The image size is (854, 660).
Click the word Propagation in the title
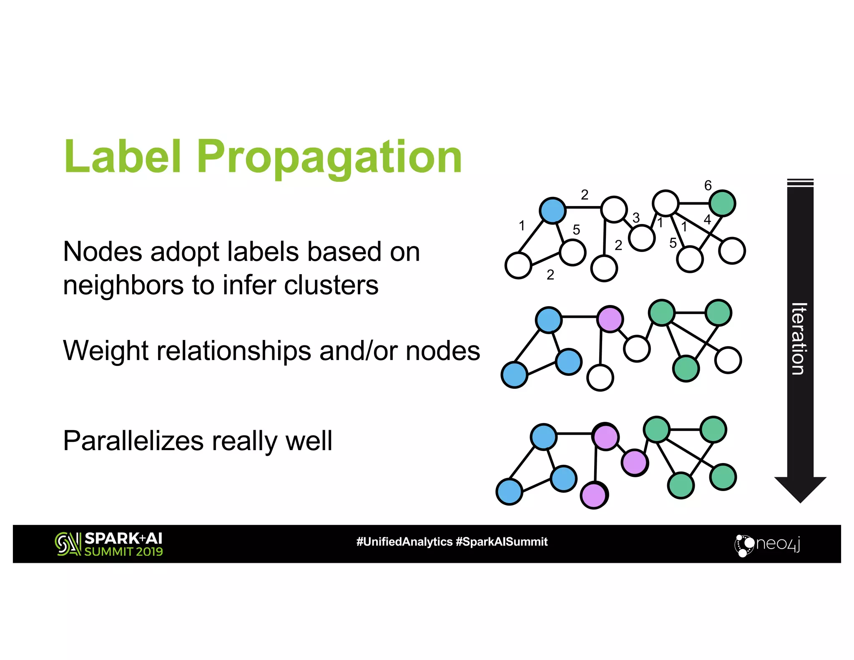(329, 158)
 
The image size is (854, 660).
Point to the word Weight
(105, 350)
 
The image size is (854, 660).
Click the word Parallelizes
(133, 441)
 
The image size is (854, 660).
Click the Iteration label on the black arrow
(799, 339)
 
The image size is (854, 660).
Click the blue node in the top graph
(553, 210)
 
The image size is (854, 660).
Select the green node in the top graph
(722, 203)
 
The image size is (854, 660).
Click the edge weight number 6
(708, 185)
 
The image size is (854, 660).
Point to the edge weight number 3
(636, 218)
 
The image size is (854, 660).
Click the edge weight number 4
(707, 219)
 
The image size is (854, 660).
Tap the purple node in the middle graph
(610, 319)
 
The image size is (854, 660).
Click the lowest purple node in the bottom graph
(594, 495)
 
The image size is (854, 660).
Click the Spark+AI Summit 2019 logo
(109, 544)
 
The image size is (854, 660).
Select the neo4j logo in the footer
(767, 544)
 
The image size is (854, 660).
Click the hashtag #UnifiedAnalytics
(404, 542)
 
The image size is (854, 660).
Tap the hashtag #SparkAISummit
(502, 542)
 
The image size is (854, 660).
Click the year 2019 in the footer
(149, 552)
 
